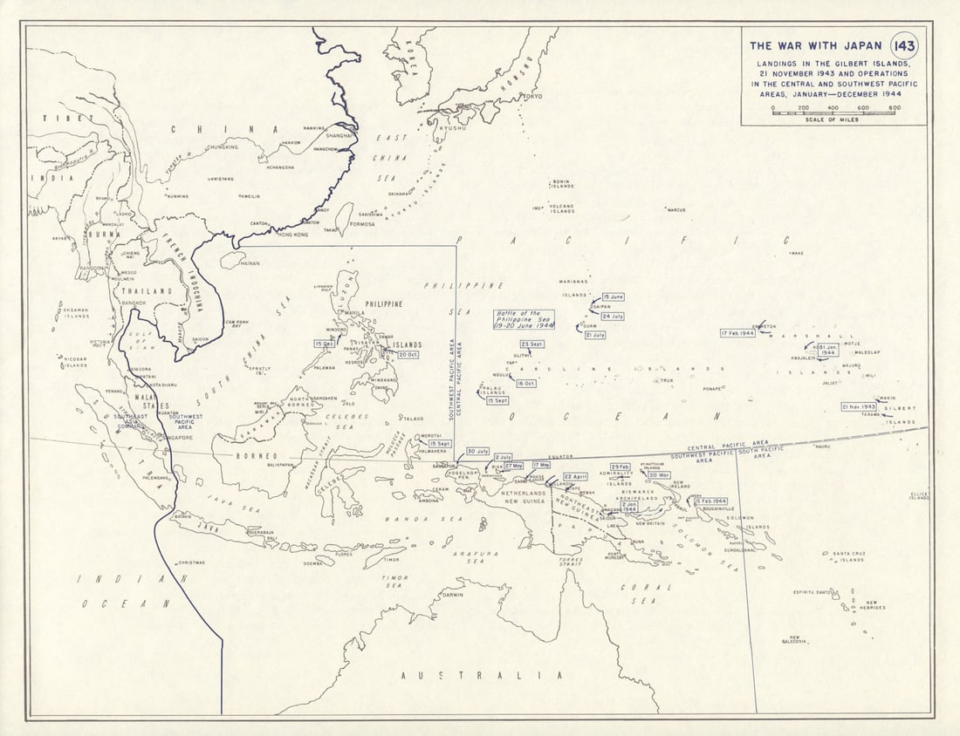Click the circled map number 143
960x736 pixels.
(904, 45)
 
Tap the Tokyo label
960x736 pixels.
(533, 97)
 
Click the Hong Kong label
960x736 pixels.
(292, 235)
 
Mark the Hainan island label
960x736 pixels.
(250, 262)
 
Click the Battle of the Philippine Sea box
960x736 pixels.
(525, 318)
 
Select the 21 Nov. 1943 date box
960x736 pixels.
(859, 406)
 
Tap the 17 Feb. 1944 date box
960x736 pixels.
(737, 333)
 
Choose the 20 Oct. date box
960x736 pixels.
(408, 355)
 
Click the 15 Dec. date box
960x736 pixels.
(325, 344)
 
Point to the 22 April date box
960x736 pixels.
(575, 477)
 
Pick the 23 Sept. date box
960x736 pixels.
(531, 344)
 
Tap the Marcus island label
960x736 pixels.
(675, 210)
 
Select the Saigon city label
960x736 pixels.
(200, 339)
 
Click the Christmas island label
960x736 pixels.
(190, 562)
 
